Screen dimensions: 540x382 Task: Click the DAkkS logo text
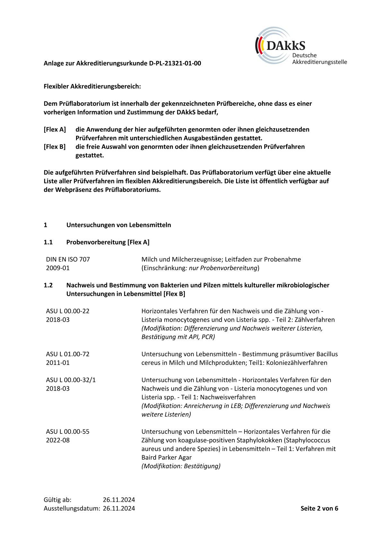(285, 46)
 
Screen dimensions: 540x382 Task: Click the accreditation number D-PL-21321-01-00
(175, 63)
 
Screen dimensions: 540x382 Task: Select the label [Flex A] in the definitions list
(55, 130)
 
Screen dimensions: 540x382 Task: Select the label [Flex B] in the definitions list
(55, 147)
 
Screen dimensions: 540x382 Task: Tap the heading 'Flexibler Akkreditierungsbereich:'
(92, 86)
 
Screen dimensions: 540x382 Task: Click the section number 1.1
(48, 242)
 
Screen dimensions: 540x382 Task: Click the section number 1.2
(48, 285)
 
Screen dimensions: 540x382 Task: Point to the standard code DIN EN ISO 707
(68, 259)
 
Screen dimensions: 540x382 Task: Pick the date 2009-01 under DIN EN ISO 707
(58, 268)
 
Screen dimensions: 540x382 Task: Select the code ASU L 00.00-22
(68, 311)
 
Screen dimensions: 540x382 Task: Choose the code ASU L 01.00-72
(68, 354)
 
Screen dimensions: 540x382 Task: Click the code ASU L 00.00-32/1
(71, 380)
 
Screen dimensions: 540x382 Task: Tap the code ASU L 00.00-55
(68, 432)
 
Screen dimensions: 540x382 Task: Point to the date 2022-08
(58, 440)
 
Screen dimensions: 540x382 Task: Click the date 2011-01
(58, 363)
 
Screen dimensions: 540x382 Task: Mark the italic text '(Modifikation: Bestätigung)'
(181, 466)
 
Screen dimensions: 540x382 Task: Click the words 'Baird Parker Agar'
(166, 458)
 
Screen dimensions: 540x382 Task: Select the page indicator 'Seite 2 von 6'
(319, 508)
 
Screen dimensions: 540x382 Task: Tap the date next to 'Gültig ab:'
(119, 500)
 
